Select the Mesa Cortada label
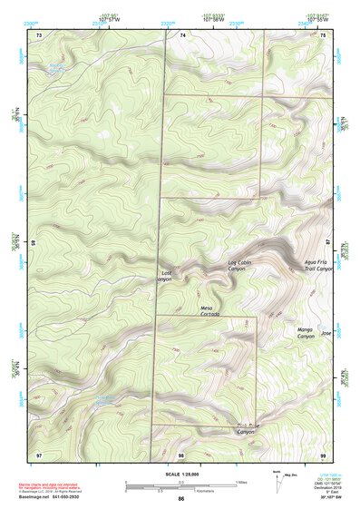(210, 310)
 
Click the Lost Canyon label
(165, 276)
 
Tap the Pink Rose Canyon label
(247, 429)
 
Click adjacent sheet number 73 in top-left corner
(39, 34)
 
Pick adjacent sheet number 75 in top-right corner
(324, 34)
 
